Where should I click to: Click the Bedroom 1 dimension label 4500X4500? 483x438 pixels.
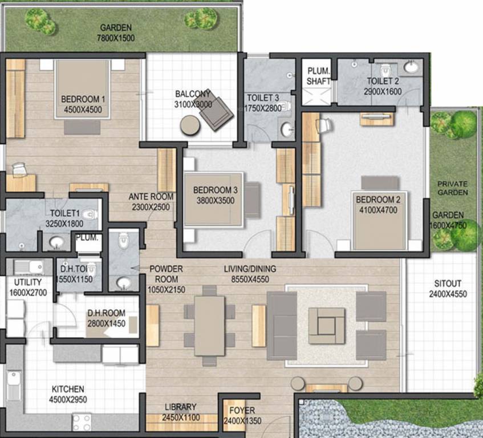87,110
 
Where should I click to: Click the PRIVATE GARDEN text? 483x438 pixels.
452,188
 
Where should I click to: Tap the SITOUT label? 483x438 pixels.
448,283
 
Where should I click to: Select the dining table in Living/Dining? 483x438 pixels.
209,326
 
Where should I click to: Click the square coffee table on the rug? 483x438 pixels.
326,326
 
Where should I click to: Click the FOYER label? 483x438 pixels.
242,411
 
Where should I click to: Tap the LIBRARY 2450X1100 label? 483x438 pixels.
180,411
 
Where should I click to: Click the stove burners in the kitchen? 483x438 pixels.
82,423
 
